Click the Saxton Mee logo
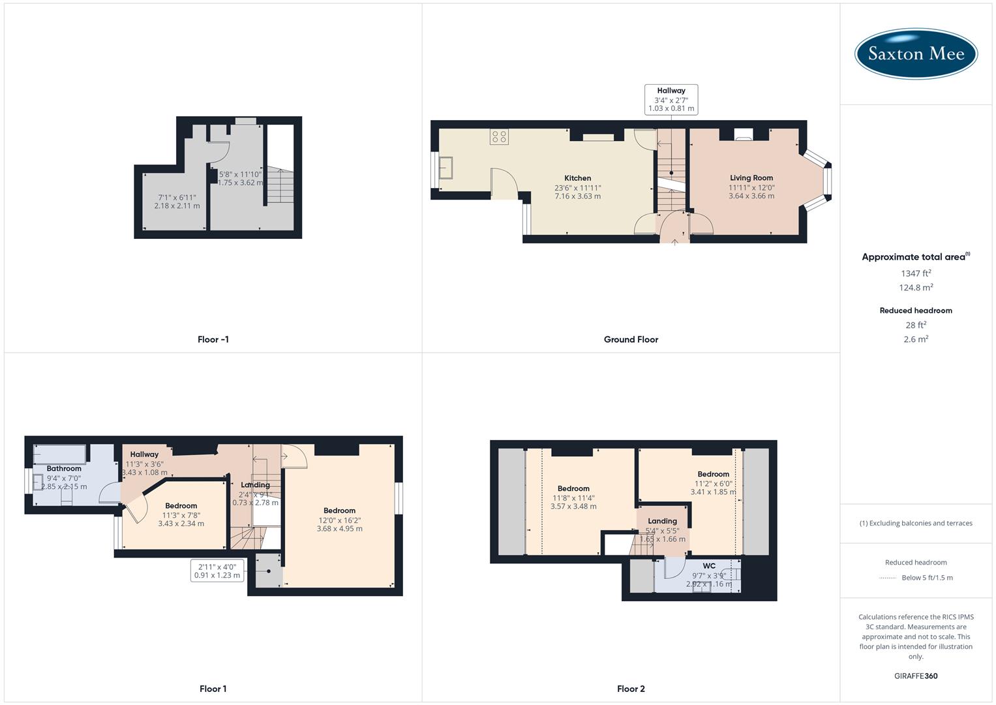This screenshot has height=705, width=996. pyautogui.click(x=916, y=54)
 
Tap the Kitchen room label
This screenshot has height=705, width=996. pyautogui.click(x=577, y=178)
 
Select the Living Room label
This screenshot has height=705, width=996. pyautogui.click(x=751, y=178)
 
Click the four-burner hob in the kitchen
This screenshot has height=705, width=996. pyautogui.click(x=500, y=137)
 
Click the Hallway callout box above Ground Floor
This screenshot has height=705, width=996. pyautogui.click(x=671, y=100)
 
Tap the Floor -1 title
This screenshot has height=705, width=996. pyautogui.click(x=213, y=339)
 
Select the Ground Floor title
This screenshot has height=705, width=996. pyautogui.click(x=631, y=339)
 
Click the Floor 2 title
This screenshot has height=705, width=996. pyautogui.click(x=631, y=689)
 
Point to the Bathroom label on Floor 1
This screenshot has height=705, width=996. pyautogui.click(x=64, y=469)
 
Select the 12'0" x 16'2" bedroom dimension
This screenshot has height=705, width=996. pyautogui.click(x=339, y=520)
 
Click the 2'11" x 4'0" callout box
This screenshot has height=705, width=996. pyautogui.click(x=217, y=571)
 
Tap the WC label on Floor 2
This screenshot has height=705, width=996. pyautogui.click(x=709, y=566)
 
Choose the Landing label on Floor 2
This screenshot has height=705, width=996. pyautogui.click(x=662, y=521)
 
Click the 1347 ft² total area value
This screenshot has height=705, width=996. pyautogui.click(x=916, y=274)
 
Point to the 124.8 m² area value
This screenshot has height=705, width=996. pyautogui.click(x=916, y=288)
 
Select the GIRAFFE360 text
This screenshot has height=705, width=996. pyautogui.click(x=916, y=676)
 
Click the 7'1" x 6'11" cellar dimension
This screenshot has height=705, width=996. pyautogui.click(x=177, y=197)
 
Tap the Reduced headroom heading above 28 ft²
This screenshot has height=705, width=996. pyautogui.click(x=916, y=311)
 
